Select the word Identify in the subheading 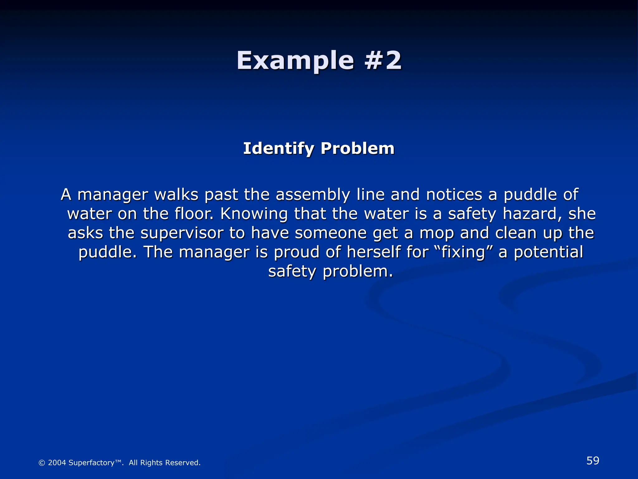(x=278, y=148)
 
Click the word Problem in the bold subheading (x=357, y=148)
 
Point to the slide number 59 (x=593, y=461)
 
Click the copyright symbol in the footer (x=41, y=463)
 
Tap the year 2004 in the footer (x=57, y=463)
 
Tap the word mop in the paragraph (x=436, y=234)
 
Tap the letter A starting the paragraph (x=66, y=195)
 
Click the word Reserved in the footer (x=183, y=463)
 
